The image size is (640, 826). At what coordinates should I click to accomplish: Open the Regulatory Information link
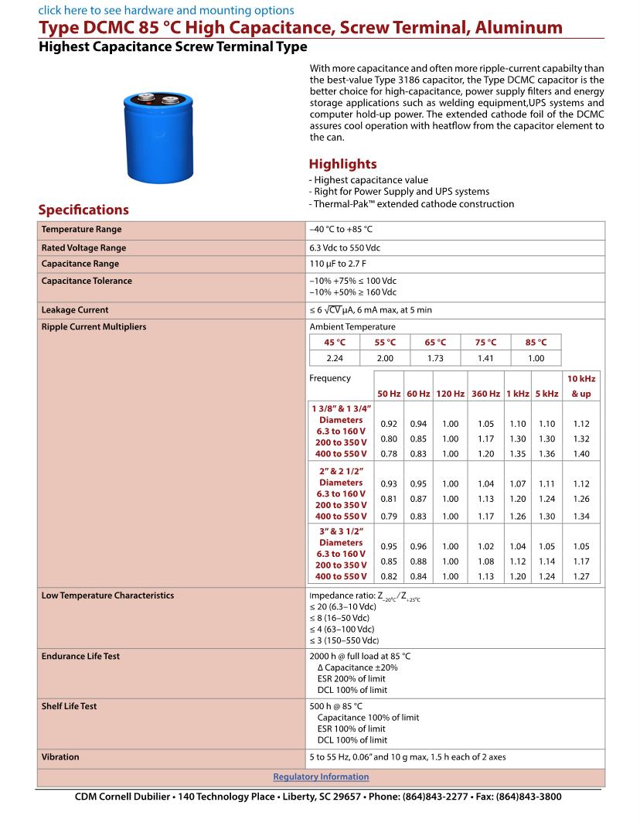321,777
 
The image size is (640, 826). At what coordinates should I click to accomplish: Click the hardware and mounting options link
166,10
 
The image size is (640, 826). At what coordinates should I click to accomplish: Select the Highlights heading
342,164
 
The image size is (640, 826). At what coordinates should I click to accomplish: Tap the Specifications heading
83,210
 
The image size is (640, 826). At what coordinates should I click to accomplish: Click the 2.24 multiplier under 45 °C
335,358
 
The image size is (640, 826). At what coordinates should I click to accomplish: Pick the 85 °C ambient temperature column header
536,342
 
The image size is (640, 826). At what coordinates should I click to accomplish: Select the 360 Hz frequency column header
485,394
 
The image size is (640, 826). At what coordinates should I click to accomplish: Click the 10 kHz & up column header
580,386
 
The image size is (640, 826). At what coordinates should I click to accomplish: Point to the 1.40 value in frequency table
580,454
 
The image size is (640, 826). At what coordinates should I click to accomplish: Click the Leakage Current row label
75,310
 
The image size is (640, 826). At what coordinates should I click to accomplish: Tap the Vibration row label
60,757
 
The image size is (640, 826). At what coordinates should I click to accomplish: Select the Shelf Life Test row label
70,706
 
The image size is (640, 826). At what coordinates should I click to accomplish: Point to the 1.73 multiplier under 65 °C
435,358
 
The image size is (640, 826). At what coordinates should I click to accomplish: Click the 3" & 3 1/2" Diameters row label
341,537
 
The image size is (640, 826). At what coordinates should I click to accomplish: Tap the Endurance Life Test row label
80,656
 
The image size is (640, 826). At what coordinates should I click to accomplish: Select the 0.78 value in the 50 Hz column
390,454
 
